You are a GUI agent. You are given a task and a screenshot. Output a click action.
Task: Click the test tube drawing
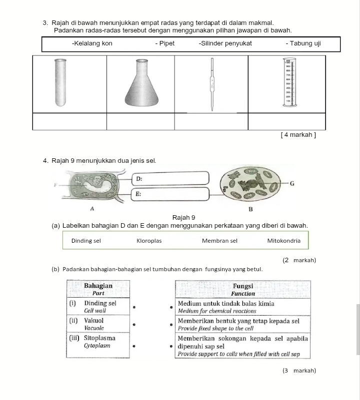click(x=60, y=82)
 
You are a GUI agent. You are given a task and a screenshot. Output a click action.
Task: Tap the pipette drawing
click(x=211, y=84)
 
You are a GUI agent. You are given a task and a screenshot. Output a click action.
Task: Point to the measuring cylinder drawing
click(x=288, y=83)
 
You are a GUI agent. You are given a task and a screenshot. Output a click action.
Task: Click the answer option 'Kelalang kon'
click(x=92, y=43)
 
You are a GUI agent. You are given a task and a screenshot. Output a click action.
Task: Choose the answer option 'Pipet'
click(x=164, y=43)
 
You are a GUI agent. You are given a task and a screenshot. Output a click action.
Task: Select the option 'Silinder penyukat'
click(x=225, y=43)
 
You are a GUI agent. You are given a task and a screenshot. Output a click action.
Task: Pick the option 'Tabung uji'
click(x=303, y=43)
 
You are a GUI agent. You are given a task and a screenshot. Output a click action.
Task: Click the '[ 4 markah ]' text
click(x=298, y=135)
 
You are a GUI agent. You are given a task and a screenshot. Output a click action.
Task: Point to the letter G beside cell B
click(x=292, y=184)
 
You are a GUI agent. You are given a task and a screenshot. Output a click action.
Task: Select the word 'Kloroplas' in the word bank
click(x=149, y=241)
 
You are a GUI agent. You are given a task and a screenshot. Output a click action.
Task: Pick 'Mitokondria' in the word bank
click(x=284, y=241)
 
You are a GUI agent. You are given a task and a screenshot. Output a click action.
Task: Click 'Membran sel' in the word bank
click(x=219, y=241)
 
